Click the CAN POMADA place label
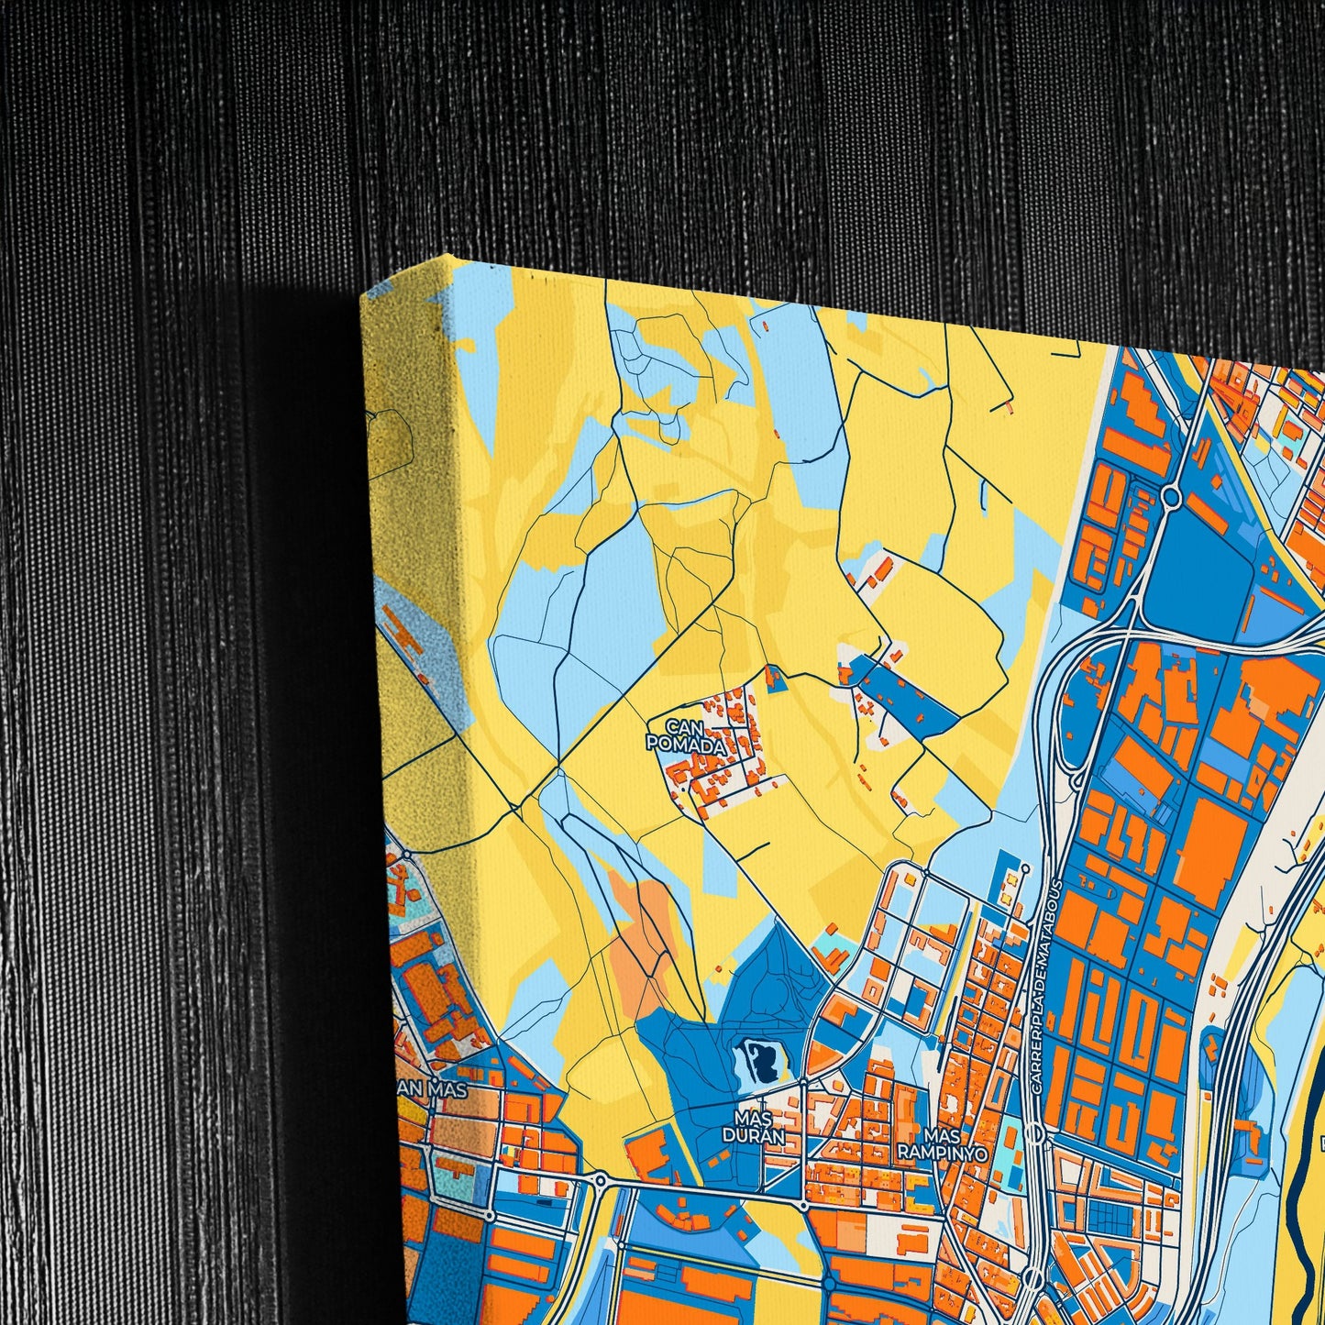[x=686, y=736]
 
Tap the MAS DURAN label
[x=753, y=1127]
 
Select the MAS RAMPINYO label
[x=942, y=1144]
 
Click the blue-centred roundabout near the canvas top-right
[x=1171, y=496]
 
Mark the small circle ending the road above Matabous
[x=1025, y=867]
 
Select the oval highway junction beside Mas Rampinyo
[x=1034, y=1134]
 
